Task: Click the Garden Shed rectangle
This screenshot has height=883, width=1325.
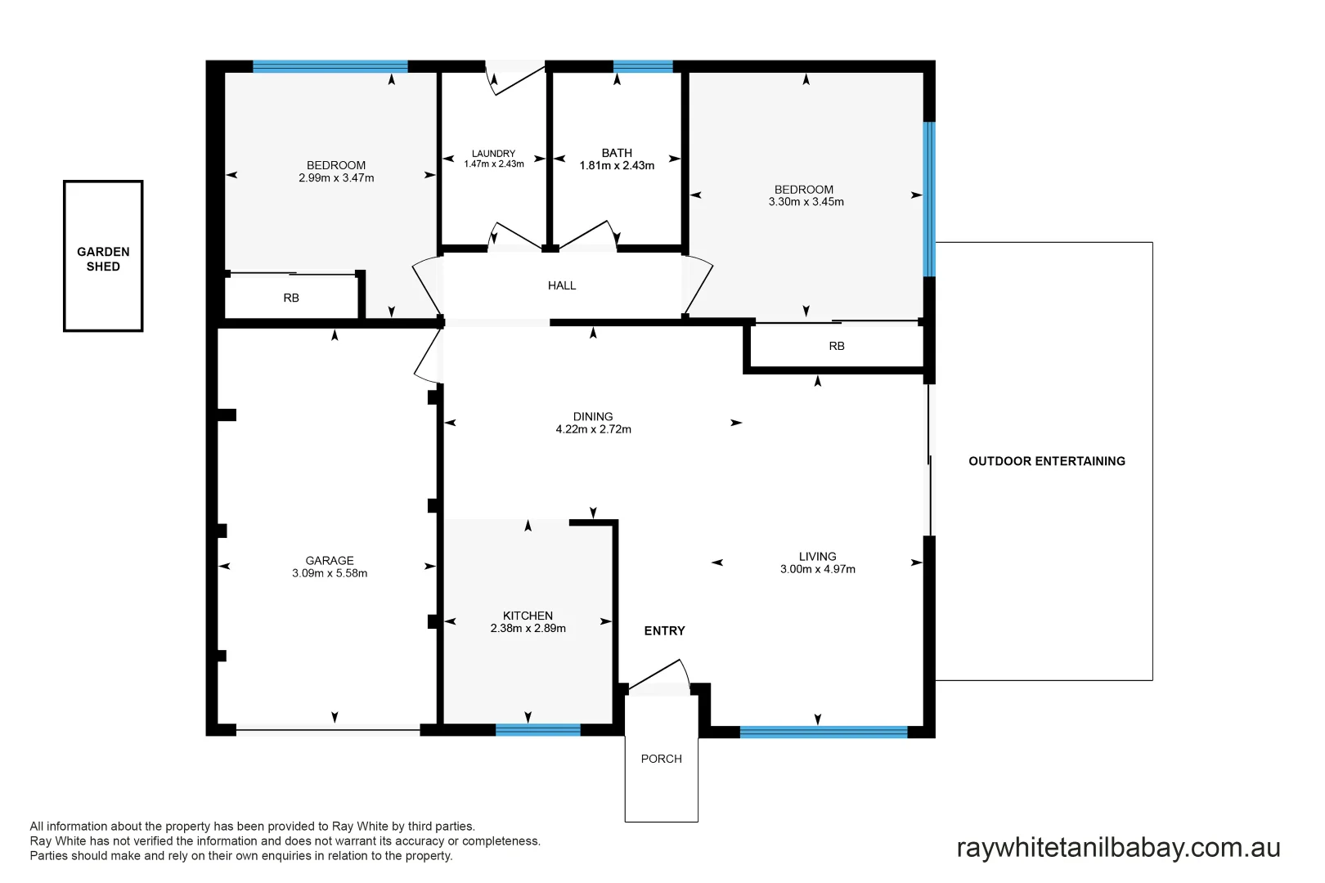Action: (x=103, y=257)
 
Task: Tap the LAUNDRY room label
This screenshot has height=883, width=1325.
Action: (x=493, y=154)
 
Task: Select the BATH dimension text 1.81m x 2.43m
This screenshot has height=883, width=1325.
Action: (x=617, y=166)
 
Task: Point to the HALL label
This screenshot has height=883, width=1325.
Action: (x=562, y=285)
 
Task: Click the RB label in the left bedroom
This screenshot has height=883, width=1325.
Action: (x=291, y=298)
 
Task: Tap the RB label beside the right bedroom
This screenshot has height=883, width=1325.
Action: (x=836, y=347)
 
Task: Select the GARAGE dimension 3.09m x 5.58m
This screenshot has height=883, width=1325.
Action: (x=330, y=574)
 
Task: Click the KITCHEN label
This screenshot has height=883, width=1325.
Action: (x=528, y=616)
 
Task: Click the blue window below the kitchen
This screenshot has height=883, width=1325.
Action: (x=537, y=730)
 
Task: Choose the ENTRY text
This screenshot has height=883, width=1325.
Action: (x=664, y=631)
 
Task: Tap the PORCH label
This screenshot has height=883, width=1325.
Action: (x=661, y=759)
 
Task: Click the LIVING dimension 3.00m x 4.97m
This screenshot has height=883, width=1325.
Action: (x=817, y=570)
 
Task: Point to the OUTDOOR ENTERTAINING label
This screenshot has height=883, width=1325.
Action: (x=1046, y=461)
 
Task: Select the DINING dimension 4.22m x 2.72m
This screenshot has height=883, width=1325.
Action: (x=593, y=429)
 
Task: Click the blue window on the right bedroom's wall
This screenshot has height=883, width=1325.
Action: (x=929, y=199)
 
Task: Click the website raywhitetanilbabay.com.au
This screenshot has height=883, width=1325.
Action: (x=1117, y=848)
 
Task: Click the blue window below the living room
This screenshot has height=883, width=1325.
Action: (x=823, y=732)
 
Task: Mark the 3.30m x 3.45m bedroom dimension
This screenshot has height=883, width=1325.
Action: (x=806, y=202)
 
